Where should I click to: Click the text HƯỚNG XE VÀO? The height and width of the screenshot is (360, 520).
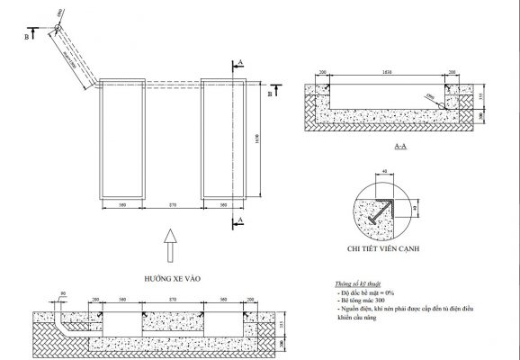click(x=171, y=279)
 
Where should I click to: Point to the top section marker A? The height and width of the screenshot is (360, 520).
click(x=239, y=62)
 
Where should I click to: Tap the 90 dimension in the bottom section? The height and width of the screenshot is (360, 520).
click(x=64, y=294)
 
